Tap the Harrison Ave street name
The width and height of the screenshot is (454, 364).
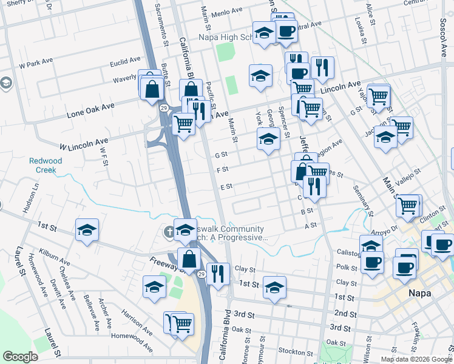click(136, 322)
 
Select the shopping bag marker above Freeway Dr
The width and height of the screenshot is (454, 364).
click(189, 259)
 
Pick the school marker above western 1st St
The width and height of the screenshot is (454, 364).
click(87, 230)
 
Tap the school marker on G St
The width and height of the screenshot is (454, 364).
click(268, 139)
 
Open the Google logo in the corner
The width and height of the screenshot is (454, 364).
click(20, 357)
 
